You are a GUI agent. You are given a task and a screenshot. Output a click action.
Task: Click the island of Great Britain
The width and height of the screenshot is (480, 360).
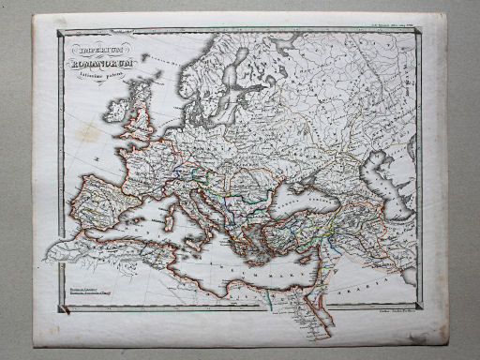tap(141, 117)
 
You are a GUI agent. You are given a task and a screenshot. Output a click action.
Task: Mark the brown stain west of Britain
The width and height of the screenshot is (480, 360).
tap(88, 132)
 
